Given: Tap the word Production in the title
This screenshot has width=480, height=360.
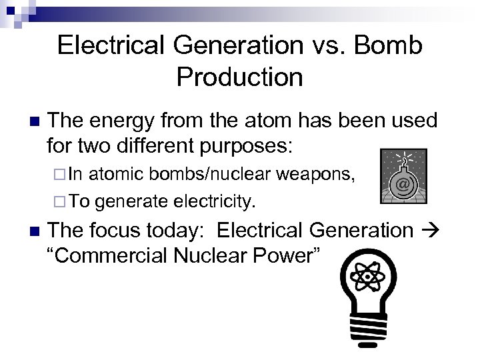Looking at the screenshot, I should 240,77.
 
